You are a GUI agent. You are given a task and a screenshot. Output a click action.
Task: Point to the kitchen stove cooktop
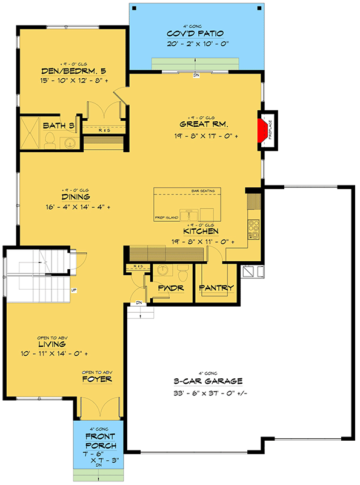click(254, 229)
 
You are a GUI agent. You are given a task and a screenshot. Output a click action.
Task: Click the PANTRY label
click(216, 288)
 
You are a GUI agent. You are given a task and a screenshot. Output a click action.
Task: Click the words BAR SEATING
click(203, 192)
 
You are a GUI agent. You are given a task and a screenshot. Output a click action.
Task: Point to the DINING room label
click(76, 196)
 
